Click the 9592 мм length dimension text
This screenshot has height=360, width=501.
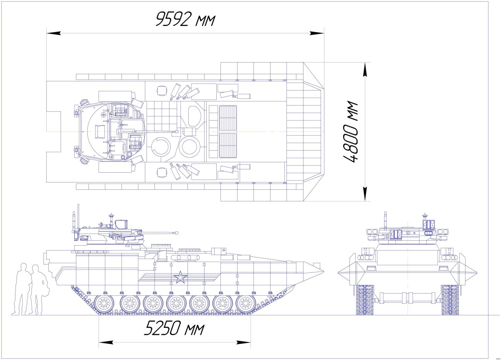tap(185, 19)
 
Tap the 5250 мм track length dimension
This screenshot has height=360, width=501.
tap(174, 329)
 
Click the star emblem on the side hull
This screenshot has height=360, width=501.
tap(180, 277)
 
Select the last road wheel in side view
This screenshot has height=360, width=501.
tap(245, 303)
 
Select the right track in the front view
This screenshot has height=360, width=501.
tap(450, 300)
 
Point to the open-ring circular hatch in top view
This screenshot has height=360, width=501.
tap(160, 147)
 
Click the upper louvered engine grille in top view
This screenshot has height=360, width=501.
tap(228, 118)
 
